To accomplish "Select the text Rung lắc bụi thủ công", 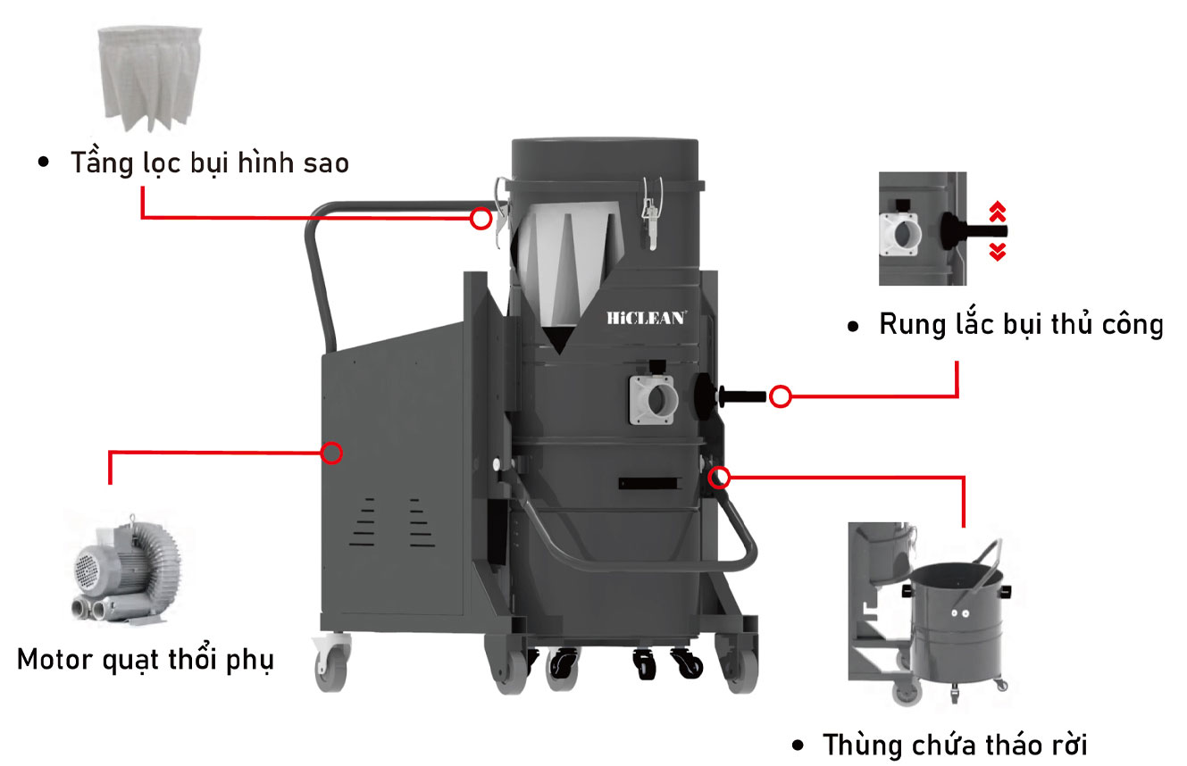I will point(1021,324).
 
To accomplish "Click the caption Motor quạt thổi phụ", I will point(146,661).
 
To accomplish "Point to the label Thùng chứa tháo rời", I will point(956,744).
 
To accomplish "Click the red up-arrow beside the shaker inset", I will point(998,212).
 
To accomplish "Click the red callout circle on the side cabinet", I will point(332,453).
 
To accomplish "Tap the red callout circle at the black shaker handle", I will point(781,396).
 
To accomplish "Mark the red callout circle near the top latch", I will point(481,218).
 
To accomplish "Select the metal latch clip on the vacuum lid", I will point(651,211).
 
